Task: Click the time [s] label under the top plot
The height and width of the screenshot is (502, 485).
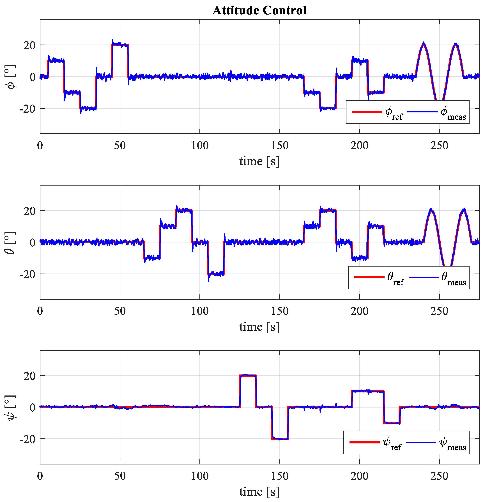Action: point(259,161)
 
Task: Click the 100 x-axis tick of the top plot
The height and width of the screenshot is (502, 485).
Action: point(200,146)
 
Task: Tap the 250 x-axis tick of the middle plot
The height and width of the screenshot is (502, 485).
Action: point(439,311)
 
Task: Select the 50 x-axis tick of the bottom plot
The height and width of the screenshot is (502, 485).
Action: point(120,476)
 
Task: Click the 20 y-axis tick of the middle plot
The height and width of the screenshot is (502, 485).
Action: point(29,211)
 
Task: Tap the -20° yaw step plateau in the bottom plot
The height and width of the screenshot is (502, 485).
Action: point(280,439)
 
